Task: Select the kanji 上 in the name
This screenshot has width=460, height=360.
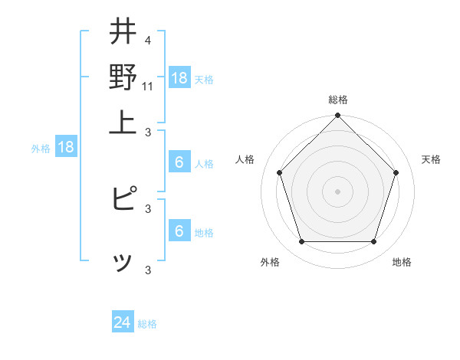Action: click(x=123, y=123)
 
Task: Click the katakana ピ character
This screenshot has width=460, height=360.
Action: click(x=124, y=199)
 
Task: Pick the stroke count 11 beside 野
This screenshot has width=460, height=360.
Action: click(x=148, y=86)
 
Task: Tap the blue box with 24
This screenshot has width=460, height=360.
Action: click(x=123, y=322)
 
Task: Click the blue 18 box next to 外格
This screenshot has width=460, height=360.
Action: click(x=66, y=147)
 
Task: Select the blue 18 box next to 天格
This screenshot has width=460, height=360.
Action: click(x=179, y=77)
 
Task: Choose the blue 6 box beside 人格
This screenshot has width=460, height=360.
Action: click(x=179, y=162)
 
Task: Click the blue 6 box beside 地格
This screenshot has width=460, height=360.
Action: click(x=179, y=231)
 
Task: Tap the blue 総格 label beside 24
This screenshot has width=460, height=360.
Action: click(x=147, y=324)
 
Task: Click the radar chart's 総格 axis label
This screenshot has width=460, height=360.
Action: click(x=338, y=100)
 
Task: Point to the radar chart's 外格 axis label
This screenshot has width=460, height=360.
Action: click(x=270, y=262)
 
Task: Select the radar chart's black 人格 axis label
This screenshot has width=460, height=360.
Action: click(x=245, y=159)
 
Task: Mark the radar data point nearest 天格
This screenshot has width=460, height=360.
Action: click(x=396, y=172)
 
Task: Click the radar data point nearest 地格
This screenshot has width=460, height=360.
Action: click(x=373, y=241)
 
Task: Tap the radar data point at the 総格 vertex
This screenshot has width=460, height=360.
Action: click(x=337, y=117)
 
